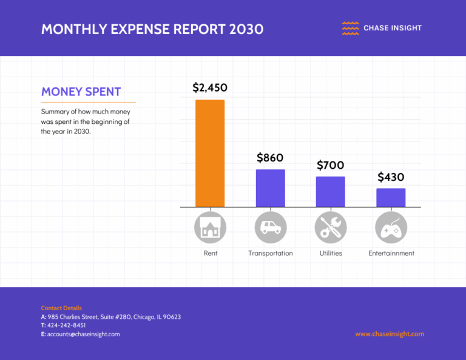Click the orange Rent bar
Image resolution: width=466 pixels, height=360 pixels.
point(209,153)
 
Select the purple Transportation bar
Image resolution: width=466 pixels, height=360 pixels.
point(270,188)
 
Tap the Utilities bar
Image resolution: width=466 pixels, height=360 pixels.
point(330,192)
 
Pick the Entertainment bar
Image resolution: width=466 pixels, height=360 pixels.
point(391,198)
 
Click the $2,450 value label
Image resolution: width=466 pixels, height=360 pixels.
point(210,87)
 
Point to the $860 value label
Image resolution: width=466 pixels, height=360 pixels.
point(270,158)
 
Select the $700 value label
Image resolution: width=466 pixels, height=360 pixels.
point(330,165)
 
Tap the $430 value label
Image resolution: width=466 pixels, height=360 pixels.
point(391,177)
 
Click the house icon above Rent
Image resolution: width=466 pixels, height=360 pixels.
point(210,228)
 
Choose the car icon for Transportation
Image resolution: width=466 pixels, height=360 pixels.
point(270,228)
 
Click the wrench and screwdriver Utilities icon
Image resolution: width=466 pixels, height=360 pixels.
point(331,228)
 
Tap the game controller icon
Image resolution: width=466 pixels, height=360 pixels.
point(391,228)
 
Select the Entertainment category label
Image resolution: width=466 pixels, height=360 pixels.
point(391,253)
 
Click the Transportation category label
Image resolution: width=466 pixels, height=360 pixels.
point(271,253)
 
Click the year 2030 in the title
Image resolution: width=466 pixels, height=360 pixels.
point(246,29)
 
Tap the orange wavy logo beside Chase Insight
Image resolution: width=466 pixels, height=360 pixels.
point(350,28)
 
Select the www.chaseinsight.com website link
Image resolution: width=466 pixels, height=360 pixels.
point(390,334)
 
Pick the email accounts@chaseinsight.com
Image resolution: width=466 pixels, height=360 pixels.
point(83,334)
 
